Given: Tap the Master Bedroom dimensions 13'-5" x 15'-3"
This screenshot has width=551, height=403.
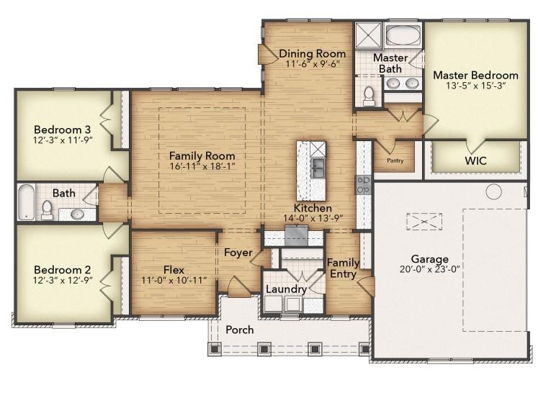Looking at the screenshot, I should tap(475, 87).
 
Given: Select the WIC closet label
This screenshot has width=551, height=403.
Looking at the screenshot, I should tap(475, 160).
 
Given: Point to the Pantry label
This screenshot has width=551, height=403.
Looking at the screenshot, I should tap(395, 160).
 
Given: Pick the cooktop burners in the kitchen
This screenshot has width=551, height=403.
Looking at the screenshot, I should tap(364, 184).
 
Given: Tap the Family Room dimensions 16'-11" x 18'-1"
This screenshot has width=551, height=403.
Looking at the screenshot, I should tap(202, 167).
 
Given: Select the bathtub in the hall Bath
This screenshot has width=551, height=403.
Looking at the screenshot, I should tap(25, 202).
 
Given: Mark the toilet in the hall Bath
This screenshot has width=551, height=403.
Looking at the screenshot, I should tap(48, 209).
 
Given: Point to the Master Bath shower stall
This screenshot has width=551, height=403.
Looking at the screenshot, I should tap(367, 35).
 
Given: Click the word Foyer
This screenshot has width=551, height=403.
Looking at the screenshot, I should tap(238, 253).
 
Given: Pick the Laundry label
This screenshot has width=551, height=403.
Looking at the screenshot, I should tap(287, 289).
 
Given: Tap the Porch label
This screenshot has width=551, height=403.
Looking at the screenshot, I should tap(240, 330).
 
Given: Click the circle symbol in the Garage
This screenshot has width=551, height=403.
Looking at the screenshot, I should tap(493, 191).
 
